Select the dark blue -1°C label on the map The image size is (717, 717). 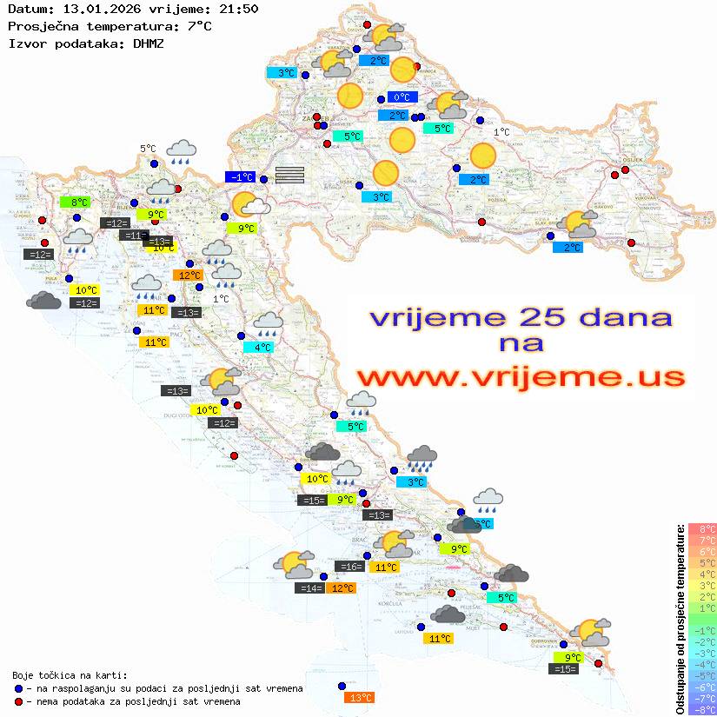coord(241,177)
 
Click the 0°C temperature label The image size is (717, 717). coord(402,97)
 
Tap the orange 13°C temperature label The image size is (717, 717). coord(359,697)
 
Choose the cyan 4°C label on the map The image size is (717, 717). coord(262,348)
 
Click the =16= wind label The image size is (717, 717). coord(349,567)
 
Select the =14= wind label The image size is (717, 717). coord(311,588)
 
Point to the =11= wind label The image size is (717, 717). coord(135,236)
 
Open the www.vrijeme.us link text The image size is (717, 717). coord(521,377)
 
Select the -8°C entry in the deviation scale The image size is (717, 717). coord(701,709)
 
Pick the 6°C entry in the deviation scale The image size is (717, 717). coord(701,551)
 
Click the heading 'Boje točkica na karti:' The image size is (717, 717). coord(70,675)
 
